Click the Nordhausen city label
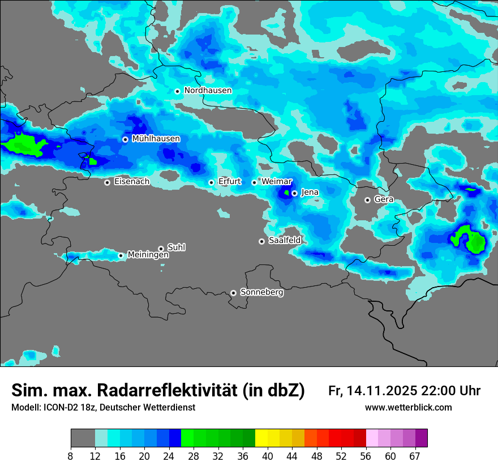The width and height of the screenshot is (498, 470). tap(208, 91)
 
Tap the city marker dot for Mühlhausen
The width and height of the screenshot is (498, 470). tap(125, 139)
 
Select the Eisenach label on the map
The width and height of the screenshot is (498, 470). tap(131, 182)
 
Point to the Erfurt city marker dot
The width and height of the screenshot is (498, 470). tap(211, 182)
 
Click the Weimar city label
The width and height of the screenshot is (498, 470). tap(276, 182)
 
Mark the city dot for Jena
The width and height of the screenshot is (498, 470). tap(294, 193)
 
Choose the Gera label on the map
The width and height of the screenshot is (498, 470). tap(384, 200)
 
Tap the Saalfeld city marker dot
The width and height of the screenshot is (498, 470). tap(261, 241)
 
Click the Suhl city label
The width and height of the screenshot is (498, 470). tap(176, 247)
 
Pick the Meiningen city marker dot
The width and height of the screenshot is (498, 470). tap(121, 255)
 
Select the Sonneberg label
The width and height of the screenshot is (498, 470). tap(261, 293)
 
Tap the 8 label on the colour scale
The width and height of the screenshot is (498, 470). tap(71, 456)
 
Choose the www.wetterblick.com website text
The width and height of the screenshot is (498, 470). tap(408, 408)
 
